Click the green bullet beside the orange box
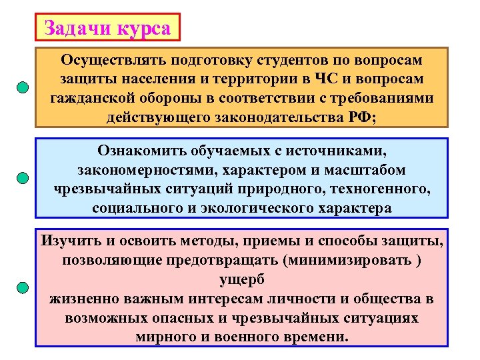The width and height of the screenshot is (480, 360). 23,88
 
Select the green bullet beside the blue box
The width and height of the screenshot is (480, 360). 23,178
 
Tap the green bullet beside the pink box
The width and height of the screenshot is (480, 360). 23,288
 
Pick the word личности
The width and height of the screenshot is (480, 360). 305,298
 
